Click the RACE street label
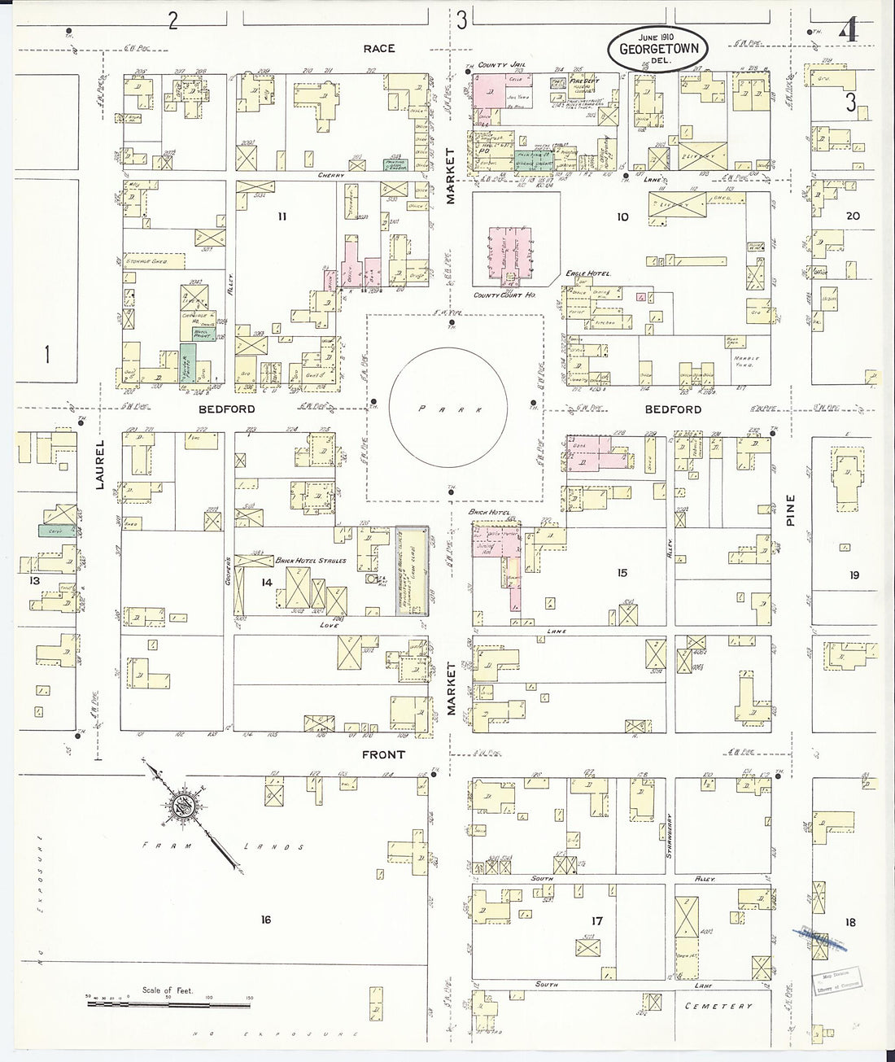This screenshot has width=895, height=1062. pos(379,49)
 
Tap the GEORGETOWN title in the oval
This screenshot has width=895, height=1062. pos(656,49)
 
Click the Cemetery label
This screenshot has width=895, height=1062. pos(719,1007)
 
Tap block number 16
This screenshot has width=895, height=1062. pos(265,920)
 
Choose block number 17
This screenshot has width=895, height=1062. pos(597,921)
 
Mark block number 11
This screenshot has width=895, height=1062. pos(282,216)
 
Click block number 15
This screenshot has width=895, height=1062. pos(622,573)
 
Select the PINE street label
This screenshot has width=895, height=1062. pos(791,512)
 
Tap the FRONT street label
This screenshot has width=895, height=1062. pos(383,755)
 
